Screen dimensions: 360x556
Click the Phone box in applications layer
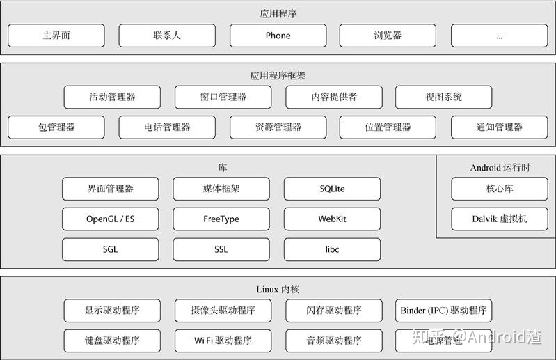click(278, 36)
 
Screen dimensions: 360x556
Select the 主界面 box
click(56, 36)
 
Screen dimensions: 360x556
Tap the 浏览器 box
click(388, 36)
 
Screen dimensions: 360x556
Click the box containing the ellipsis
click(499, 36)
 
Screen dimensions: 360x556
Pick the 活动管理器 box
click(112, 97)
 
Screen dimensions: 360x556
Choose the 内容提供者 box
click(333, 97)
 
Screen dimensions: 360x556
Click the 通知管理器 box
click(499, 127)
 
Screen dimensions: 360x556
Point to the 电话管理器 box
click(167, 127)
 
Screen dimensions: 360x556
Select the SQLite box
click(332, 189)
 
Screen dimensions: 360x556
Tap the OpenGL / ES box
click(111, 219)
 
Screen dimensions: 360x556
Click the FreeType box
click(221, 219)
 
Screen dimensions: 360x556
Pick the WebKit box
click(332, 219)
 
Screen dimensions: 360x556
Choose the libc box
click(332, 249)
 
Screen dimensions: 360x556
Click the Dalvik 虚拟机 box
click(499, 219)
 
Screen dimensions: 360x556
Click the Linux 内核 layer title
click(278, 290)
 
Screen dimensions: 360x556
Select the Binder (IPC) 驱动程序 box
click(443, 311)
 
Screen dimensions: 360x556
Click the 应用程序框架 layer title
click(278, 75)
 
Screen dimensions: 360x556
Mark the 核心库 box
click(499, 189)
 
